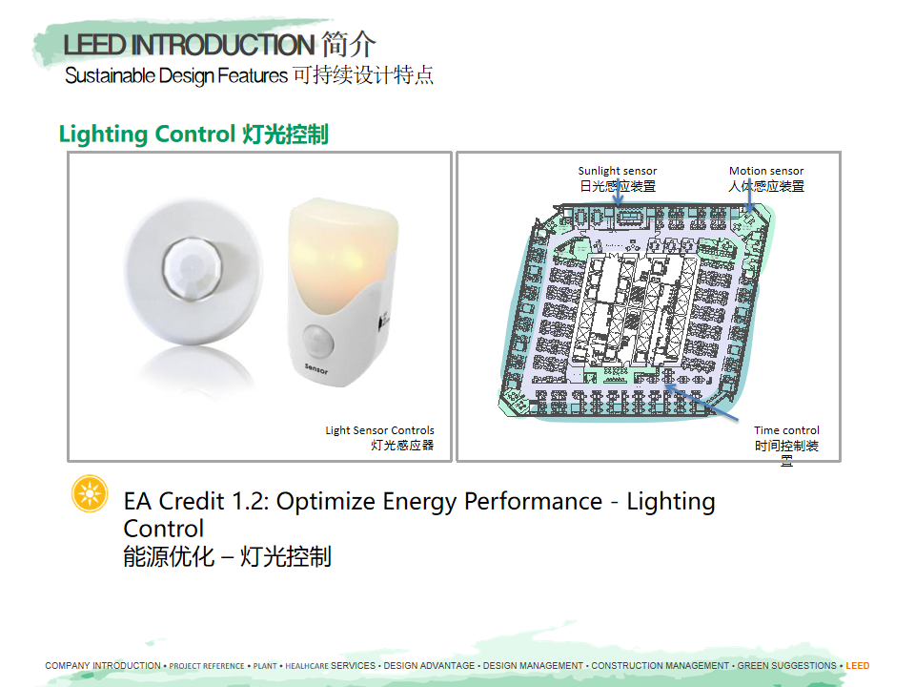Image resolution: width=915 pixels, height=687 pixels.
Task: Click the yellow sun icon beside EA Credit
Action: (90, 493)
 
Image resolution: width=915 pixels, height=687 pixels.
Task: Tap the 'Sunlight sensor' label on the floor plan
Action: (618, 171)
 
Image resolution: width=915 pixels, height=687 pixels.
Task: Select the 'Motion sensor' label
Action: (766, 171)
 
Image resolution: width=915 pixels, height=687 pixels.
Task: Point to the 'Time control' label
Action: (786, 430)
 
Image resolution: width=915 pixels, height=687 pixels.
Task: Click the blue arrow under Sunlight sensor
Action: (618, 192)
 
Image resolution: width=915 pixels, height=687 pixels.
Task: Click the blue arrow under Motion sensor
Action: (750, 195)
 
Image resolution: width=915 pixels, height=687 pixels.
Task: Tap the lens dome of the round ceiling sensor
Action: (192, 270)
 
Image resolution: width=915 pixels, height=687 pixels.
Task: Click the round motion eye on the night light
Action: (318, 340)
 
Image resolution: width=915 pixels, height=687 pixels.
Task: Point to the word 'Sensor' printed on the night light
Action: (315, 368)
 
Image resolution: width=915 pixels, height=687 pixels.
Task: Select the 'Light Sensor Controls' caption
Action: (380, 430)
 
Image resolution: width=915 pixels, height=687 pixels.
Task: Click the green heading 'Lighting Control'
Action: (147, 134)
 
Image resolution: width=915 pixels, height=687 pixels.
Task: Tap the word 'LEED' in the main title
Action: (94, 45)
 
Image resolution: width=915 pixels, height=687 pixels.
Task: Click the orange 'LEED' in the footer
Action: (857, 665)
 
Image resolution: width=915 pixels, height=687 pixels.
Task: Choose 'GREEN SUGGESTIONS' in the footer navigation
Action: (786, 665)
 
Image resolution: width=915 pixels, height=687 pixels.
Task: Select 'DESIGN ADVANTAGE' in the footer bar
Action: (429, 665)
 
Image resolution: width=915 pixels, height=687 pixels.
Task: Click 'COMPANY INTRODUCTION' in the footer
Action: (103, 665)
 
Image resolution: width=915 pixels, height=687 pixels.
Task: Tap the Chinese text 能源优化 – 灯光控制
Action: (227, 556)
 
